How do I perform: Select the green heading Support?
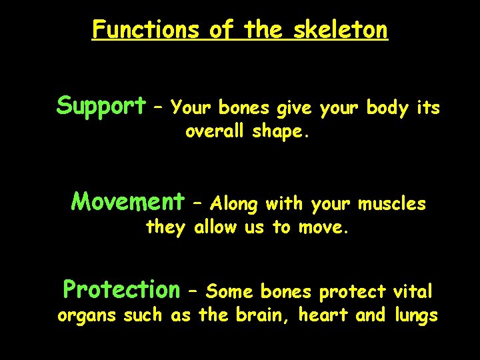(x=101, y=105)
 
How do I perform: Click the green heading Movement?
(x=127, y=201)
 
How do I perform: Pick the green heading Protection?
(x=121, y=289)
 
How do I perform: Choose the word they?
(x=165, y=227)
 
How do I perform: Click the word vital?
(x=413, y=291)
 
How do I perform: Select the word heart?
(x=323, y=315)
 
